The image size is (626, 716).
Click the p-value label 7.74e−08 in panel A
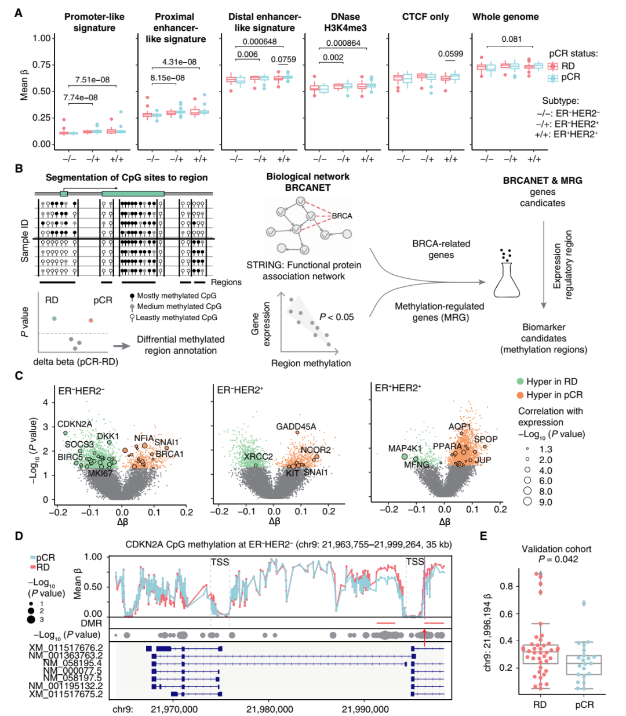pos(81,97)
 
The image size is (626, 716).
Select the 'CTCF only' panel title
pos(425,17)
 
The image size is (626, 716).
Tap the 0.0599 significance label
pos(450,54)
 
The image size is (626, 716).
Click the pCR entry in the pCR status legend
pos(563,77)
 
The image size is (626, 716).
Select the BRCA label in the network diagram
pos(342,216)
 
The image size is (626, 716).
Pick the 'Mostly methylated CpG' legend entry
pos(173,296)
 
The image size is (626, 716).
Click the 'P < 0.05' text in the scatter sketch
pos(337,317)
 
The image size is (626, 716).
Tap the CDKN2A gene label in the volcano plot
pos(75,424)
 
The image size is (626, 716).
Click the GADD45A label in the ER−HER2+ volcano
pos(296,427)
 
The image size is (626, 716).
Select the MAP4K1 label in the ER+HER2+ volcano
pos(405,449)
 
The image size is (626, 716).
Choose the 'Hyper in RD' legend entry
pos(547,381)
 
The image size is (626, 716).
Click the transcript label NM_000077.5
pos(73,671)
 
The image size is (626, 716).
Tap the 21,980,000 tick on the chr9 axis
pos(270,710)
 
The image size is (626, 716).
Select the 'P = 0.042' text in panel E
pos(558,559)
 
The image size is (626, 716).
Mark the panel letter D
pos(19,536)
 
